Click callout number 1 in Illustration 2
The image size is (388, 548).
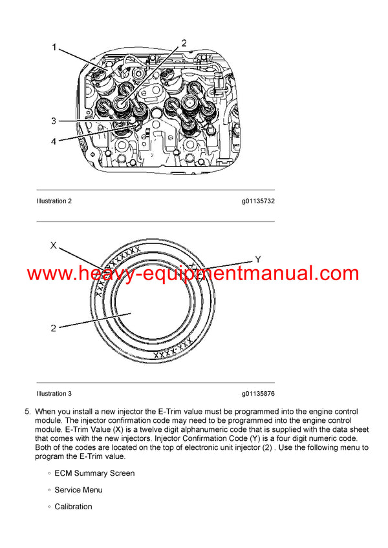54,47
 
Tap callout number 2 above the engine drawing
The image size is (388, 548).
184,43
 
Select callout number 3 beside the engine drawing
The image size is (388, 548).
54,121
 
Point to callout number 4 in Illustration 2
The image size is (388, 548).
54,141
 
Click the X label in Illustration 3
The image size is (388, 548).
54,245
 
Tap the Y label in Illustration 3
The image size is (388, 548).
257,259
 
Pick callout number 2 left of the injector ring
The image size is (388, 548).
54,328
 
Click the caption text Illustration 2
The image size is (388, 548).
54,201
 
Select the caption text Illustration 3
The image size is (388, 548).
54,394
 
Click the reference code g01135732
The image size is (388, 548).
259,201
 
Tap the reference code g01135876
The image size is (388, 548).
259,394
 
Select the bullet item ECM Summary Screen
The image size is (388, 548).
94,473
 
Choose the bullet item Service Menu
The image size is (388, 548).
78,490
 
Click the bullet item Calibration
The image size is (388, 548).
73,507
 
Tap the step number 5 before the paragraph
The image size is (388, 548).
27,412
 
